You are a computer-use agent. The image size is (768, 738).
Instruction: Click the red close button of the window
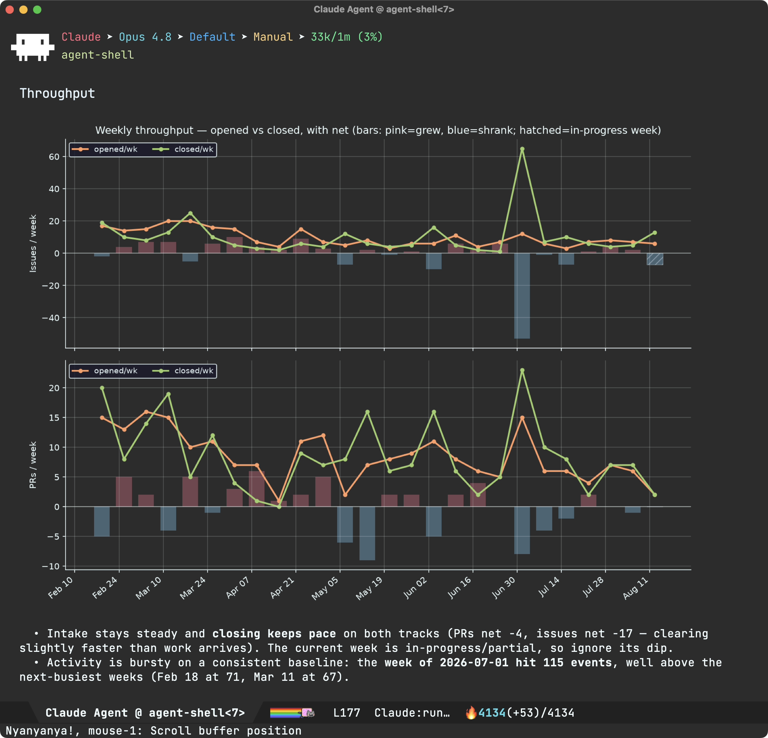[x=10, y=9]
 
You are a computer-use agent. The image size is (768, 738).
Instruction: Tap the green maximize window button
[x=37, y=9]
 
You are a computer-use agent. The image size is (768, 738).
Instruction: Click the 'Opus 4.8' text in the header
[x=145, y=37]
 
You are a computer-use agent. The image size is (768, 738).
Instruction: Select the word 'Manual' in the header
[x=273, y=37]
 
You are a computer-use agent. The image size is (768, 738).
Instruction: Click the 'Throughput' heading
[x=57, y=93]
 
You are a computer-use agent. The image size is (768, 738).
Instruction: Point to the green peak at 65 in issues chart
[x=522, y=149]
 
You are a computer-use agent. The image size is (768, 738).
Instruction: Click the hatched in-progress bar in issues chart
[x=655, y=259]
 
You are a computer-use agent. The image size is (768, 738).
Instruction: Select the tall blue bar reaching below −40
[x=522, y=296]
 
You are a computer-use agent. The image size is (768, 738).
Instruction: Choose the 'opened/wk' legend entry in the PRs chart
[x=105, y=371]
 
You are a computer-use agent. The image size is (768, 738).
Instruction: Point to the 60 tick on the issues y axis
[x=54, y=157]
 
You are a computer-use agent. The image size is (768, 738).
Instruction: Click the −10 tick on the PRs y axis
[x=51, y=566]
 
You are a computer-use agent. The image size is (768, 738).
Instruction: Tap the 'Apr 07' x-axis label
[x=238, y=587]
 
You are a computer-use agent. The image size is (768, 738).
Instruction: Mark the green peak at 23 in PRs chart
[x=522, y=370]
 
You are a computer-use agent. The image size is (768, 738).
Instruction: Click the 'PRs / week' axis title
[x=33, y=465]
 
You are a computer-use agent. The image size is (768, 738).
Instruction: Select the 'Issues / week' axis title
[x=33, y=243]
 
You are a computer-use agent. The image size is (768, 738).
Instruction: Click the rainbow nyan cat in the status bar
[x=292, y=713]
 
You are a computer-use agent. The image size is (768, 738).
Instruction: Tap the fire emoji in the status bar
[x=471, y=713]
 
